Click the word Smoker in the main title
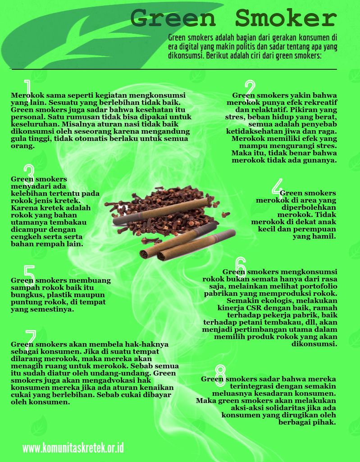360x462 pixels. point(286,18)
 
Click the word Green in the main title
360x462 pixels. point(173,18)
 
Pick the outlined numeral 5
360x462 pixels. point(29,276)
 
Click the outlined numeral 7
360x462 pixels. point(31,340)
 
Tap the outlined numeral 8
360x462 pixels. point(220,376)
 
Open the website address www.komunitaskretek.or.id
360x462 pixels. point(73,448)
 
